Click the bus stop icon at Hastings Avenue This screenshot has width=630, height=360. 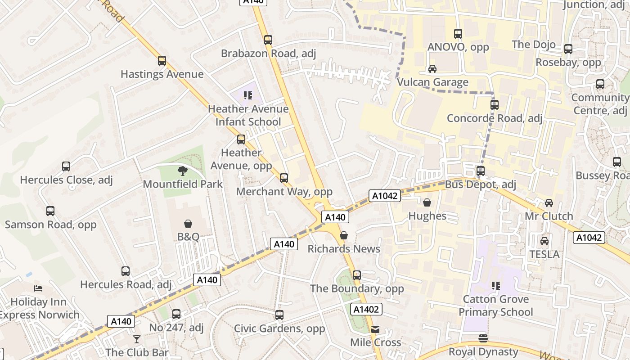tap(162, 61)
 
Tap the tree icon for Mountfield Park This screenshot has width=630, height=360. tap(182, 171)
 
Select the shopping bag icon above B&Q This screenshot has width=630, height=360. tap(188, 224)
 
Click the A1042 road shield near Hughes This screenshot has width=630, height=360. tap(384, 196)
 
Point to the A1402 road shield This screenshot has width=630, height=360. tap(366, 309)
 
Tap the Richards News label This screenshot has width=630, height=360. tap(344, 249)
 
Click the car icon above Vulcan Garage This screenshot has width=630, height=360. tap(432, 69)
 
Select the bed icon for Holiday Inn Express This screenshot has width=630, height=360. tap(38, 288)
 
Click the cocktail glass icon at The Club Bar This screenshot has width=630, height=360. tap(137, 339)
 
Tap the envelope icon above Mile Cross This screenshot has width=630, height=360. tap(375, 329)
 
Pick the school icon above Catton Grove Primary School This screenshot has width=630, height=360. tap(496, 286)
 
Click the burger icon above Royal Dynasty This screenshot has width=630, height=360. tap(483, 338)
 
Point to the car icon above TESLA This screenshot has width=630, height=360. tap(544, 241)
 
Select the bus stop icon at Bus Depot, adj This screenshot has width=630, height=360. tap(481, 171)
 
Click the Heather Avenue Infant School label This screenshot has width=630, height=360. tap(248, 115)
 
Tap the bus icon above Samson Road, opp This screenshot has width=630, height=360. tap(50, 211)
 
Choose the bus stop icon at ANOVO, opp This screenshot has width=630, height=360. tap(458, 34)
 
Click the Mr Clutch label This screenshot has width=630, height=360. tap(549, 216)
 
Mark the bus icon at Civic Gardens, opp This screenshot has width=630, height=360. tap(279, 315)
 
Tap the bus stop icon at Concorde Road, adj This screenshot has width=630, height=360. tap(495, 105)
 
